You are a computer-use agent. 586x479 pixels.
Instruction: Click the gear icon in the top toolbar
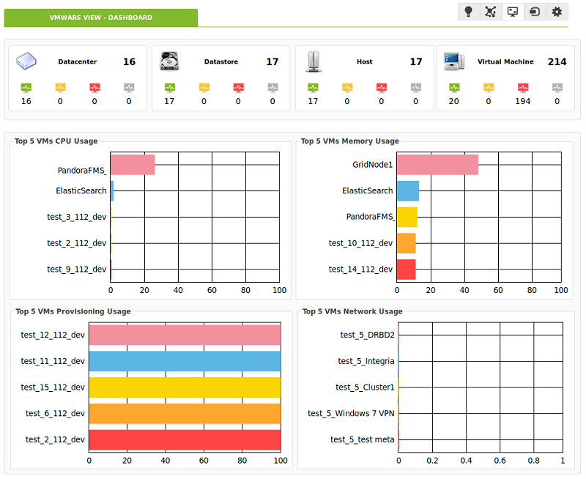coord(557,12)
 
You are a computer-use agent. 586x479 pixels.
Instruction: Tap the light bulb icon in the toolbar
coord(468,12)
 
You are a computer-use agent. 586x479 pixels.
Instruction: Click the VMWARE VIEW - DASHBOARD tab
coord(101,18)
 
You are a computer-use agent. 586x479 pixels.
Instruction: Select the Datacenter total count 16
coord(130,62)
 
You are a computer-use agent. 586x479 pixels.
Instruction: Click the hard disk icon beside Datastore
coord(169,62)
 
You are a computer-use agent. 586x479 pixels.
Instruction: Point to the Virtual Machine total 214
coord(557,62)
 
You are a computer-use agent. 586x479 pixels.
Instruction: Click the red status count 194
coord(522,101)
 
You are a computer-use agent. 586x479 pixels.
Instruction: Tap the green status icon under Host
coord(313,88)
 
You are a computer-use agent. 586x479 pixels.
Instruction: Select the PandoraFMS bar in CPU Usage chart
coord(133,165)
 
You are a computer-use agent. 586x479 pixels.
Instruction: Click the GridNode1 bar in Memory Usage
coord(437,165)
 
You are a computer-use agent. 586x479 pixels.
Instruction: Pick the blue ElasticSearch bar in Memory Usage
coord(408,191)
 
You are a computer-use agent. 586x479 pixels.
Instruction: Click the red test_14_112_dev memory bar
coord(407,270)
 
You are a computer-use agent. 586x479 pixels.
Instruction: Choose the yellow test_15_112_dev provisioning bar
coord(185,387)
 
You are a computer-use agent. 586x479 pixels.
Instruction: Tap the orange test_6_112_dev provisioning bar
coord(185,414)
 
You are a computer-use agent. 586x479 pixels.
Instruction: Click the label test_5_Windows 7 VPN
coord(351,413)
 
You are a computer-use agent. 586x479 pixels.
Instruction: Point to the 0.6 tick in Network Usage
coord(500,461)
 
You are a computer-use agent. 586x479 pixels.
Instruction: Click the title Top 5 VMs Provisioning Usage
coord(73,311)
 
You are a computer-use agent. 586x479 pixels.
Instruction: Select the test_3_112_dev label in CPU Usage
coord(77,217)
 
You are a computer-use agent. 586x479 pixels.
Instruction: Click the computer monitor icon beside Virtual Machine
coord(454,62)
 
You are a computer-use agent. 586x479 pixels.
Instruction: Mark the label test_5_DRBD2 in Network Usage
coord(368,335)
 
